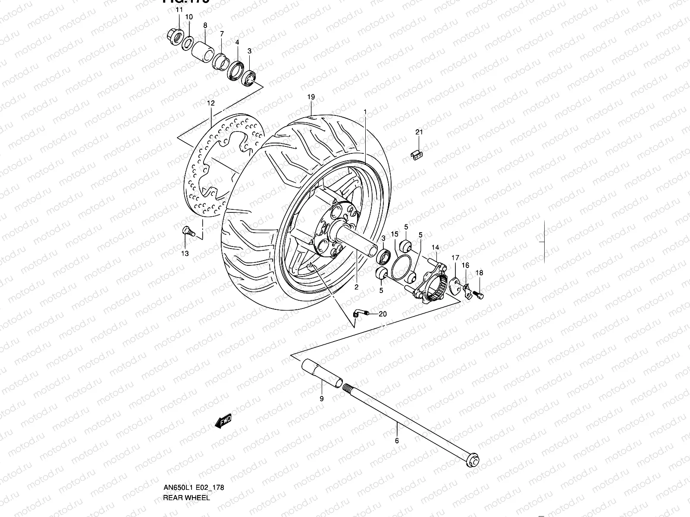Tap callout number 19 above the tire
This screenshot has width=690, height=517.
click(311, 97)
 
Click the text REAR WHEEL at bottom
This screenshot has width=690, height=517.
click(186, 498)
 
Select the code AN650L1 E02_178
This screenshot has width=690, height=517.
click(193, 488)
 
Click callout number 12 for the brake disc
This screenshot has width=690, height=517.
click(210, 103)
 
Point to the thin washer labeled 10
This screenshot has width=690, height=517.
click(188, 44)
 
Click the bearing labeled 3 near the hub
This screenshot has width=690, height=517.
click(383, 257)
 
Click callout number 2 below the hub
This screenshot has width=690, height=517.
click(357, 287)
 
